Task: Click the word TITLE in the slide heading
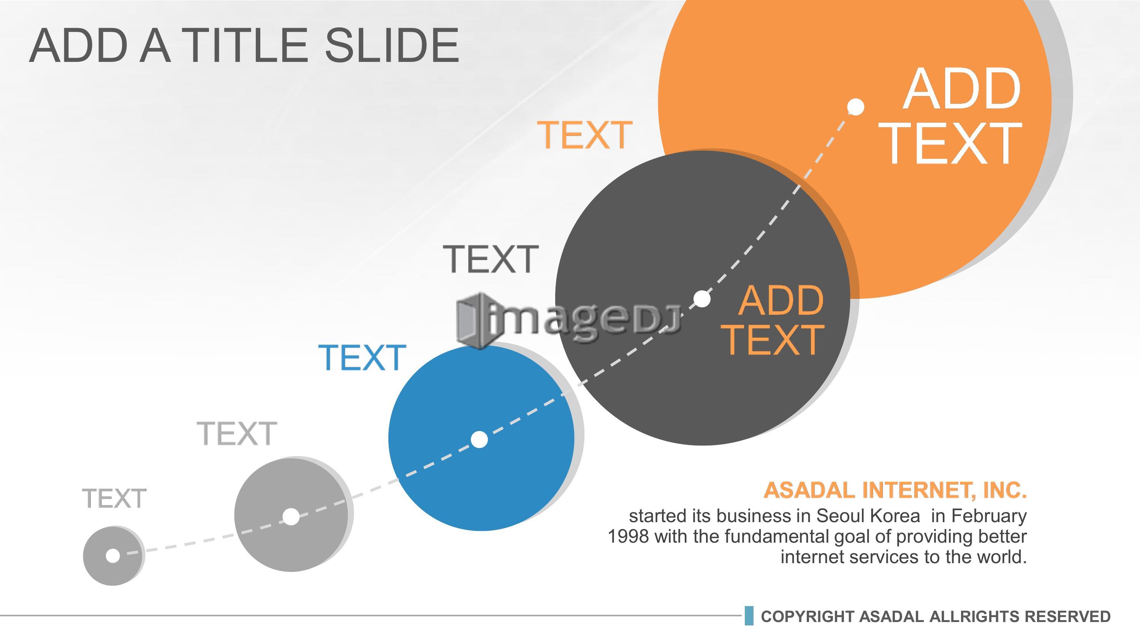point(244,46)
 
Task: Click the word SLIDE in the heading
point(392,46)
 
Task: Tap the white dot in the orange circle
point(856,107)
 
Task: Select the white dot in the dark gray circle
point(702,298)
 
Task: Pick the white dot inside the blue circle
point(479,439)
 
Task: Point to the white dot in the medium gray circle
point(291,516)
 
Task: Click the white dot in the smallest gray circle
point(113,555)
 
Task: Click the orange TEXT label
point(584,135)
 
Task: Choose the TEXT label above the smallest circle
point(114,499)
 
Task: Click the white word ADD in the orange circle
point(961,89)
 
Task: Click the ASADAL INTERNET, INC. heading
point(895,490)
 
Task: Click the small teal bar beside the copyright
point(749,616)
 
